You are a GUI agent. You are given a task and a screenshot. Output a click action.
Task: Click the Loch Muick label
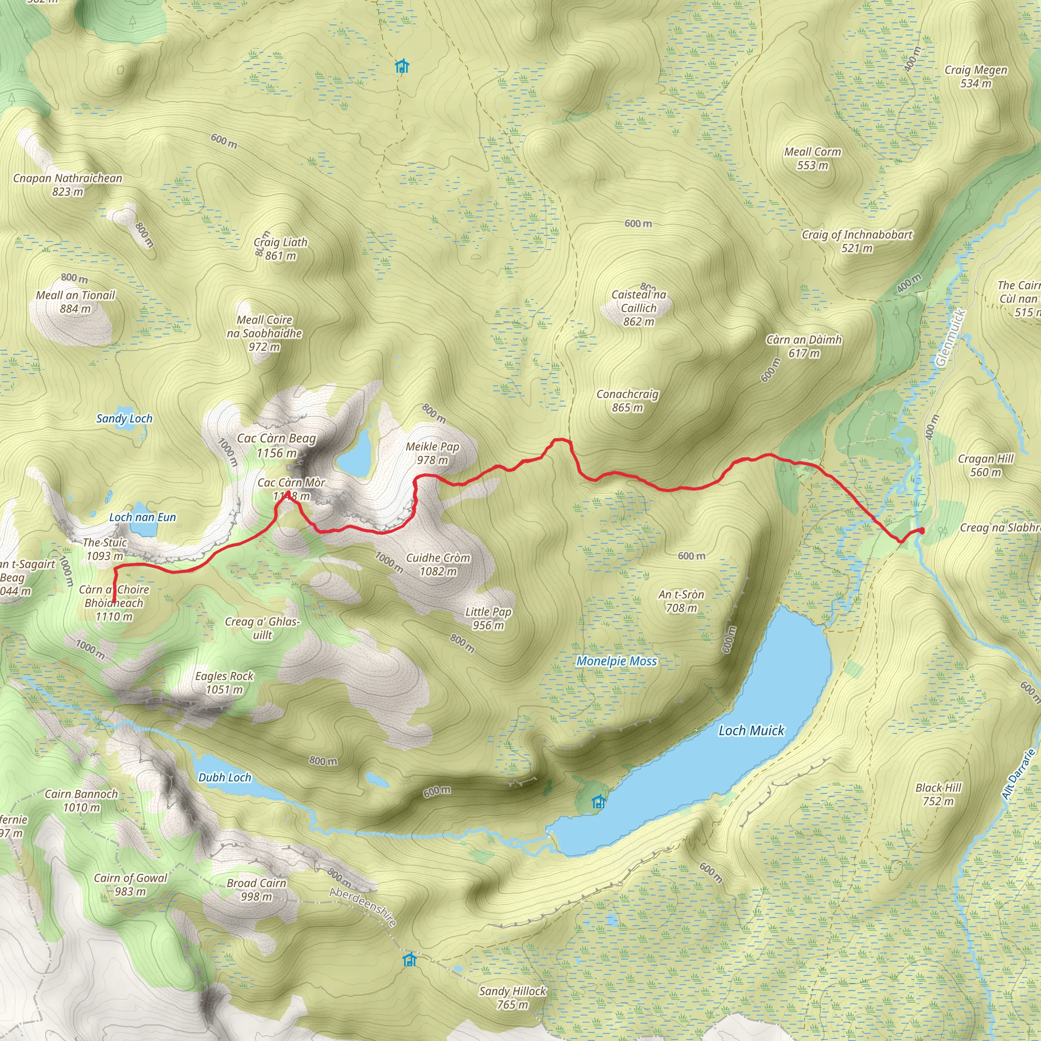coord(751,730)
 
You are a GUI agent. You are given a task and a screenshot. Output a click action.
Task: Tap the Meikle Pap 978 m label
coord(432,453)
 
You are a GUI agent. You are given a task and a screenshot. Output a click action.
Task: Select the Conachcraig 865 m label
coord(627,401)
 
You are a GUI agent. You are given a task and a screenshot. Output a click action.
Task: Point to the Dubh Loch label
coord(225,778)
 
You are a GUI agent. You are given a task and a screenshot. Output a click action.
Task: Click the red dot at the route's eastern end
coord(922,531)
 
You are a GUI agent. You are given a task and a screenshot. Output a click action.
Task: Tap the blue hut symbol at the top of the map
coord(402,66)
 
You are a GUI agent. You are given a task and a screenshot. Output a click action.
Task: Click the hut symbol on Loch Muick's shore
coord(598,802)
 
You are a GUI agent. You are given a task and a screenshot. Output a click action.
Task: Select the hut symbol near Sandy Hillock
coord(410,960)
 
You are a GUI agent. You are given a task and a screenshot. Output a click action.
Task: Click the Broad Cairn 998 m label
coord(257,890)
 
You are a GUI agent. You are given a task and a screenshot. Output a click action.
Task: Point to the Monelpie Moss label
coord(617,661)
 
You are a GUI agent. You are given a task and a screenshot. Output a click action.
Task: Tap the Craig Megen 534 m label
coord(976,77)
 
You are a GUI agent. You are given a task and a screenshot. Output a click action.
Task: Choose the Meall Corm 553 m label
coord(813,159)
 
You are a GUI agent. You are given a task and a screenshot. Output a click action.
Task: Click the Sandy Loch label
coord(124,419)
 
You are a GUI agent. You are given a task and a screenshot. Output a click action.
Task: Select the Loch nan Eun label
coord(142,517)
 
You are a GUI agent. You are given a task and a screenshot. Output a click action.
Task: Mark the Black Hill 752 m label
coord(938,794)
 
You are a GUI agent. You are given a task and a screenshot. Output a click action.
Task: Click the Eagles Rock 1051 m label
coord(224,683)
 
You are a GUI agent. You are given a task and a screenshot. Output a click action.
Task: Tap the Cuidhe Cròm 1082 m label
coord(438,564)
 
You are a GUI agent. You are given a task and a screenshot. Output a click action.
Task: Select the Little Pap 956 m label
coord(488,618)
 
